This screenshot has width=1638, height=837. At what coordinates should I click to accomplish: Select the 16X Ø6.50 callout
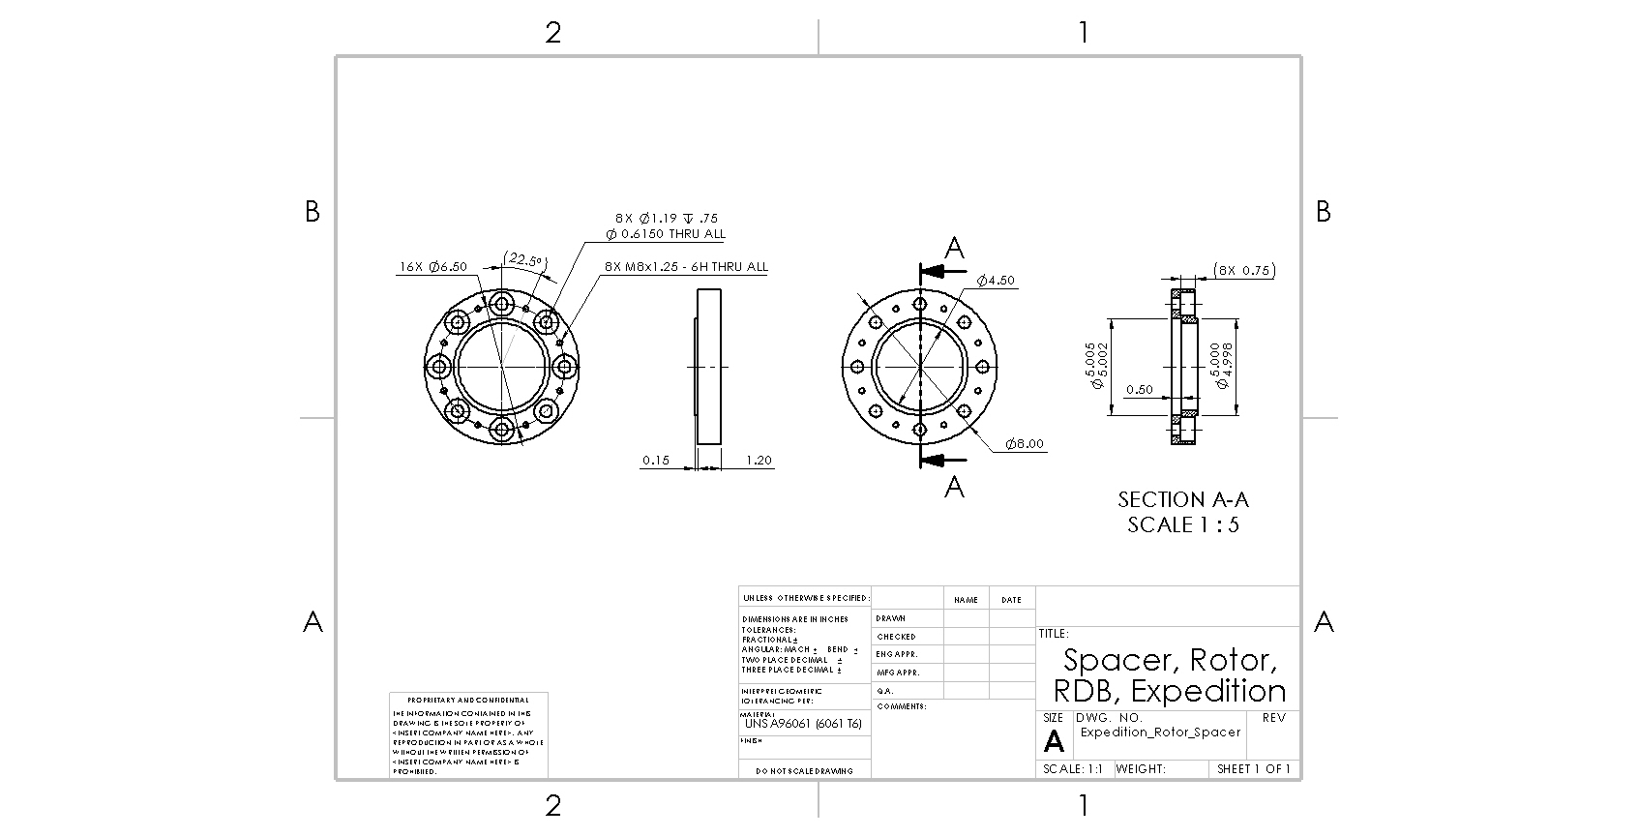pos(432,267)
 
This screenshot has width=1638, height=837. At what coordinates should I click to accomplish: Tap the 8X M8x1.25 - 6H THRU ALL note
pos(685,267)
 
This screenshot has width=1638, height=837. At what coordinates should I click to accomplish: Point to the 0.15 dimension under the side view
pos(655,461)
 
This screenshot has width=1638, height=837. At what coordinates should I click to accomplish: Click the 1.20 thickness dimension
pos(759,461)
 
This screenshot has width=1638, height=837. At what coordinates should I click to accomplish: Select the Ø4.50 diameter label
pos(996,281)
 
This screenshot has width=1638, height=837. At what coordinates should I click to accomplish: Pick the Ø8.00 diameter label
pos(1024,444)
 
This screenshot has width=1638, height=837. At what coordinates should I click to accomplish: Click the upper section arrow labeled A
pos(954,250)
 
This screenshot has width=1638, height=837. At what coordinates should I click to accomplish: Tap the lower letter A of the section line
pos(954,487)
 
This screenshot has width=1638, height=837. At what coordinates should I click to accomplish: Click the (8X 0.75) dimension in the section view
pos(1243,271)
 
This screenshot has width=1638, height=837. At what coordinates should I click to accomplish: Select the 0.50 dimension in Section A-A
pos(1139,390)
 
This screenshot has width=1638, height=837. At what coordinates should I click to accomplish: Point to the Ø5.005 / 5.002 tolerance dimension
pos(1096,366)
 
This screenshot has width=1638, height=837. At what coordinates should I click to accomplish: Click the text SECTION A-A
pos(1182,500)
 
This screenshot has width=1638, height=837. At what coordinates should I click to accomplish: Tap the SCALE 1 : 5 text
pos(1182,525)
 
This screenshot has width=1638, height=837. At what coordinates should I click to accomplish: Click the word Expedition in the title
pos(1208,691)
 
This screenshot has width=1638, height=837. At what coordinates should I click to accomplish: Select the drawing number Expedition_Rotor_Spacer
pos(1160,732)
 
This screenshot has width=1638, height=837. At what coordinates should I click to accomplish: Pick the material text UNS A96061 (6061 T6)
pos(803,724)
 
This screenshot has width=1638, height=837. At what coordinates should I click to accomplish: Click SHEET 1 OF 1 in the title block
pos(1253,769)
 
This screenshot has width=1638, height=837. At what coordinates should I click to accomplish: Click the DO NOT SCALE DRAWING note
pos(804,771)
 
